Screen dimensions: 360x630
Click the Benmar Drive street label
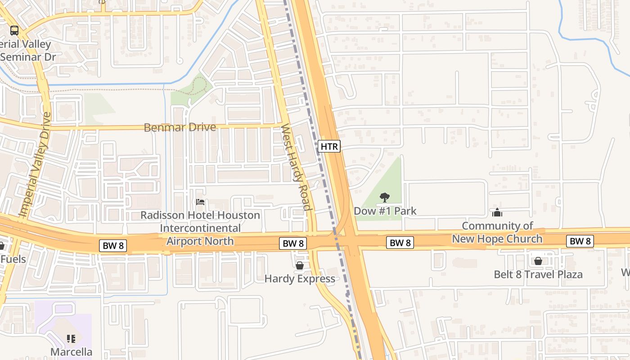pos(180,127)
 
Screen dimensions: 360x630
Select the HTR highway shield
pos(329,146)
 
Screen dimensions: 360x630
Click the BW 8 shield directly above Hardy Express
pos(293,243)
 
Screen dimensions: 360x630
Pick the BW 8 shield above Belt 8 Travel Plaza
pos(580,241)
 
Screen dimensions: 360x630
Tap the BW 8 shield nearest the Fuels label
pos(112,246)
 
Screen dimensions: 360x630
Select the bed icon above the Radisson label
pos(200,202)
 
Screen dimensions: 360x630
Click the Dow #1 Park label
pos(385,211)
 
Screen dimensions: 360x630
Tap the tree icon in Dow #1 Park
pos(384,197)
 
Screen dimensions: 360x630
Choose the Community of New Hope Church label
pos(497,232)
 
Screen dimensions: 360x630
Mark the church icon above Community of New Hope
pos(497,212)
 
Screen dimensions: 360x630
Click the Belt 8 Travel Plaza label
pos(538,274)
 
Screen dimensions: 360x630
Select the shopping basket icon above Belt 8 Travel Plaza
pos(538,261)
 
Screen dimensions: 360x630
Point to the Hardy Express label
pos(300,279)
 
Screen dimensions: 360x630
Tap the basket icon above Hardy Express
pos(300,265)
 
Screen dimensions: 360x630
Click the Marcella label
pos(71,352)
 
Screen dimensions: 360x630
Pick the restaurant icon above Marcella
pos(71,338)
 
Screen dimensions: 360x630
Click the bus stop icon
pos(14,31)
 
